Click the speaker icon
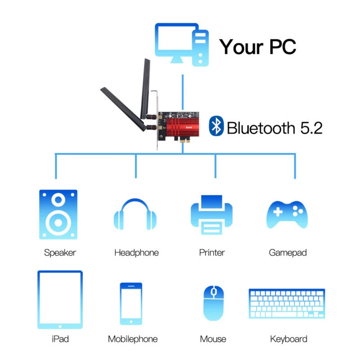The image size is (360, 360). pyautogui.click(x=58, y=215)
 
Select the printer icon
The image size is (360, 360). pyautogui.click(x=212, y=214)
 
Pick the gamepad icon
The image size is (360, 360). pyautogui.click(x=287, y=214)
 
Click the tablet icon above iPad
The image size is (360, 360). pyautogui.click(x=60, y=300)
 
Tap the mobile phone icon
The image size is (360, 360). pyautogui.click(x=131, y=303)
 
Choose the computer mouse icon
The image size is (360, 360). pyautogui.click(x=213, y=303)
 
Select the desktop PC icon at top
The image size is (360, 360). pyautogui.click(x=182, y=45)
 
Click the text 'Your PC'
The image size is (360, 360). pyautogui.click(x=257, y=46)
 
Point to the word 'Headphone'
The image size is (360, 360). pyautogui.click(x=136, y=253)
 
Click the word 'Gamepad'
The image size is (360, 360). pyautogui.click(x=288, y=253)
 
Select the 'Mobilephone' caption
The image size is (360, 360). pyautogui.click(x=133, y=339)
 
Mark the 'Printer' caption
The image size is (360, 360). pyautogui.click(x=212, y=253)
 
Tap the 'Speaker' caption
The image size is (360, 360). pyautogui.click(x=60, y=253)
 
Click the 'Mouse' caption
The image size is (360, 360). pyautogui.click(x=213, y=339)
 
